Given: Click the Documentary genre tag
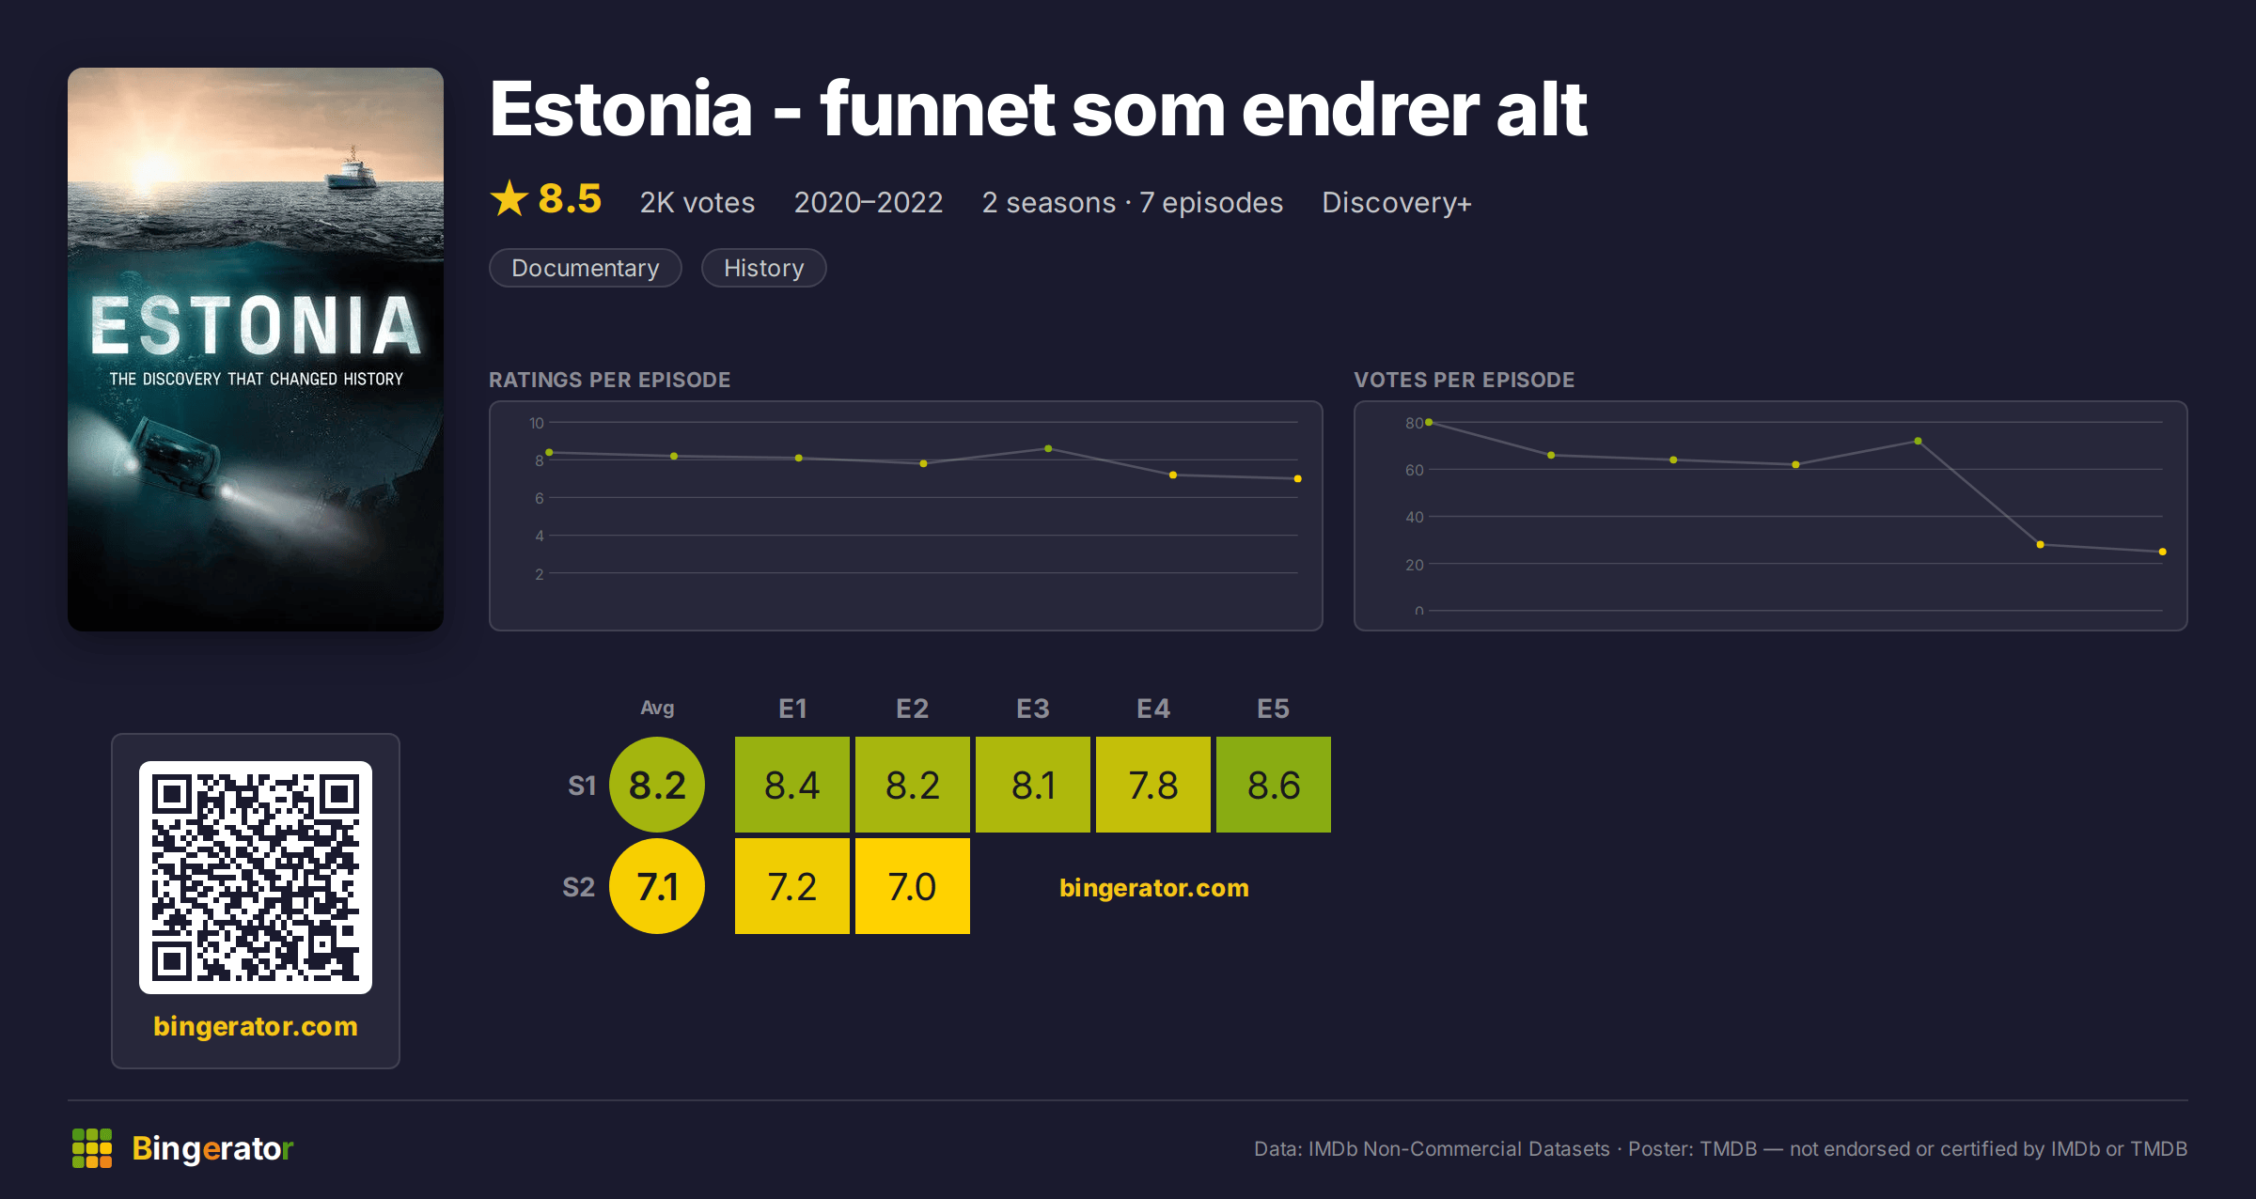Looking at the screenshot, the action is click(585, 268).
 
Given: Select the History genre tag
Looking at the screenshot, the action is click(763, 268).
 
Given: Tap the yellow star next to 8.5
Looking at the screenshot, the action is click(509, 198).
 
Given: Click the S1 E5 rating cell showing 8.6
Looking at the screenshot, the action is click(1274, 785).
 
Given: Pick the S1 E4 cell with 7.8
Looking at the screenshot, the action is click(1153, 785).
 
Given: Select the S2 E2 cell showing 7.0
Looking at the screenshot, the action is click(913, 886).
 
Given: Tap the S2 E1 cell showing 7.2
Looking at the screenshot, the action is click(792, 886).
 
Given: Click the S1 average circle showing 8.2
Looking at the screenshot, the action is click(657, 785).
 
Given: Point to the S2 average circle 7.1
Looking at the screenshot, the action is click(657, 886).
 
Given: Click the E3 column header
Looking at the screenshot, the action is click(1033, 708).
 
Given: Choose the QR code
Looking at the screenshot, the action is click(256, 878).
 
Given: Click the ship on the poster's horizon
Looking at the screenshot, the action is click(351, 170).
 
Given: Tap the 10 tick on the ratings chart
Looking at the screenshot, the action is click(537, 423).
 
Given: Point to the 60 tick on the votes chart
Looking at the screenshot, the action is click(1415, 470).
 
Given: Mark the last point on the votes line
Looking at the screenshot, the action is click(2163, 552).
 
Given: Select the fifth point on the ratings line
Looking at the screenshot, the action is click(1048, 448).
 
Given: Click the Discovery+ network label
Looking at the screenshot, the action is click(1397, 202).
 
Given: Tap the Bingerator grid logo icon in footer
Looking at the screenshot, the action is click(92, 1148).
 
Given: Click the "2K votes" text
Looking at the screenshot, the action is click(697, 202).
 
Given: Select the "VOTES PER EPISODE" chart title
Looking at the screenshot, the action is click(1464, 380).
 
